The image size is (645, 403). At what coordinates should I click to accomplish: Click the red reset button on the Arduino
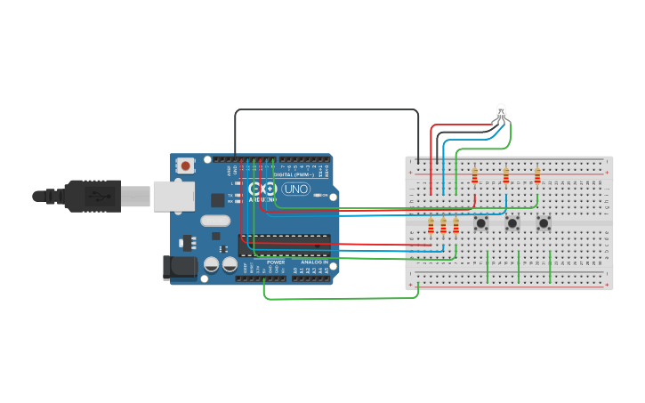pos(185,165)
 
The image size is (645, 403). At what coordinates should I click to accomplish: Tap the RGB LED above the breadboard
pos(501,112)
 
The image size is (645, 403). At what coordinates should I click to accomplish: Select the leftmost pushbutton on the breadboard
pos(480,222)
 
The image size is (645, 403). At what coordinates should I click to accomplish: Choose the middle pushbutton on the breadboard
pos(512,222)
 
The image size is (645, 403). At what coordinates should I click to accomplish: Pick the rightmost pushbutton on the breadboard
pos(544,222)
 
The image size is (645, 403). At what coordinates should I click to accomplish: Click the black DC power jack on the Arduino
pos(179,267)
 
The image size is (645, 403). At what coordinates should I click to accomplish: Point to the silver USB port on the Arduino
pos(173,196)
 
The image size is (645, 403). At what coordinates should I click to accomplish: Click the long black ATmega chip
pos(284,245)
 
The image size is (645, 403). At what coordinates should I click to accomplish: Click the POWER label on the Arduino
pos(276,262)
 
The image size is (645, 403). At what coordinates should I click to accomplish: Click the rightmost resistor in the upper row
pos(537,175)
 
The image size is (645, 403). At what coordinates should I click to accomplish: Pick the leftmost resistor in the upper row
pos(474,175)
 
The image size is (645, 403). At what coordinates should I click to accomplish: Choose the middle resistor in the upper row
pos(506,175)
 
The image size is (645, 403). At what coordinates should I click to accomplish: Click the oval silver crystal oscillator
pos(215,221)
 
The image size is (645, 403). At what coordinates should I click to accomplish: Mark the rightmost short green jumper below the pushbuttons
pos(551,267)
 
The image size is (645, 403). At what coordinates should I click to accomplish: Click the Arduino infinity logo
pos(262,189)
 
